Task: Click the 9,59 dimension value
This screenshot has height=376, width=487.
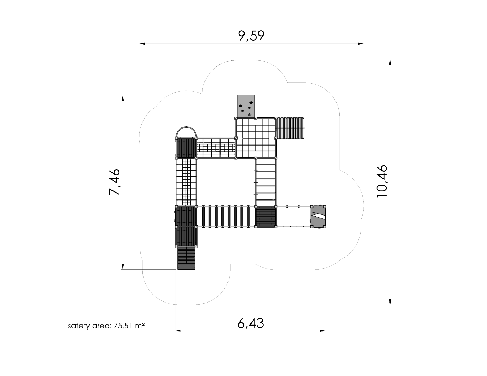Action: tap(251, 36)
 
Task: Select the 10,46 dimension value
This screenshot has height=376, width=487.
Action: tap(382, 181)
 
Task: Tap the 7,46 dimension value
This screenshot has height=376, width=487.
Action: tap(115, 182)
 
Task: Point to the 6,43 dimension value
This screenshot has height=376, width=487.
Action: tap(250, 323)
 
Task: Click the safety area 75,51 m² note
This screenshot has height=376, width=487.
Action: tap(106, 326)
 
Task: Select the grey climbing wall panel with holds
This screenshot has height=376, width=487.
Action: tap(246, 106)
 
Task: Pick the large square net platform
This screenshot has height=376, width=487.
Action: tap(256, 138)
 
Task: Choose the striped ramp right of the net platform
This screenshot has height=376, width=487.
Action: tap(291, 128)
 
